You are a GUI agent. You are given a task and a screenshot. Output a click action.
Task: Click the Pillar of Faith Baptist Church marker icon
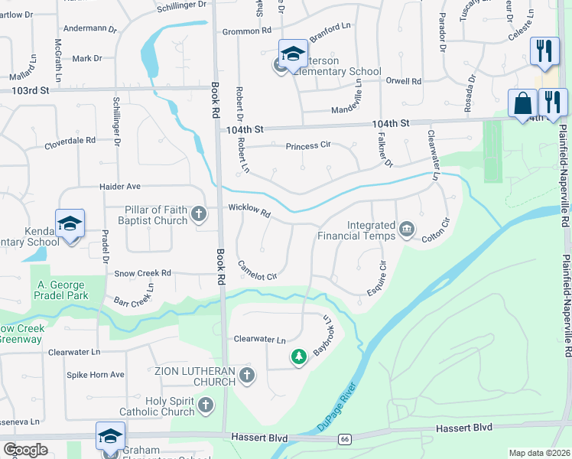[x=200, y=214]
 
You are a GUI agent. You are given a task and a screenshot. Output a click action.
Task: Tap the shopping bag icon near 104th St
[x=523, y=104]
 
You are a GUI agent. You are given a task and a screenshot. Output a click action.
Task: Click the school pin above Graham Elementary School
[x=110, y=435]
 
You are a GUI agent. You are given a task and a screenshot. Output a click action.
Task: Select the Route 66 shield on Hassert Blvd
[x=346, y=438]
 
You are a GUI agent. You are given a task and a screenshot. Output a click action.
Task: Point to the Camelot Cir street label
[x=257, y=271]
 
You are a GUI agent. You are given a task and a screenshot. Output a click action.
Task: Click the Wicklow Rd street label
[x=249, y=211]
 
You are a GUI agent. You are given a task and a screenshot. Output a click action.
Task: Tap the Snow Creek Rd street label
[x=143, y=273]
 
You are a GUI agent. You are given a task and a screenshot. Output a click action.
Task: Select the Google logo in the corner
[x=25, y=450]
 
